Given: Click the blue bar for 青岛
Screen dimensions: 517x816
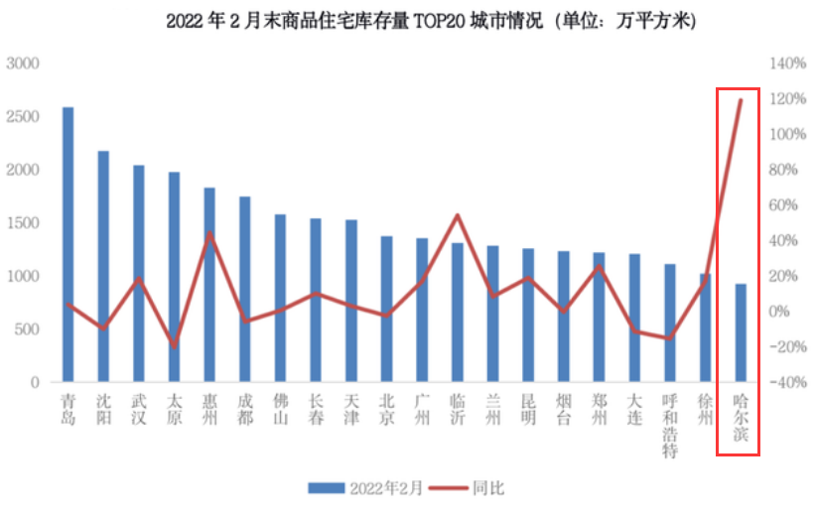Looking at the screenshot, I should tap(68, 244).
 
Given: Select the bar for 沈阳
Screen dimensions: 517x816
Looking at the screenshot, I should tap(103, 266).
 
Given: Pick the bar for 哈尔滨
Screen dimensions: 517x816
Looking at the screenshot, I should tap(741, 332).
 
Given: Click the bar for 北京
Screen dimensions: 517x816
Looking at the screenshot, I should tap(387, 309).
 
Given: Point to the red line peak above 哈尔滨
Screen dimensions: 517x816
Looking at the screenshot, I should tap(741, 100).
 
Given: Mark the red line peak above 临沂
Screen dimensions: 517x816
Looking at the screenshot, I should tap(458, 215).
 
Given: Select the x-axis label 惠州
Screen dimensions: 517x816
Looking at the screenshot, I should tap(209, 410).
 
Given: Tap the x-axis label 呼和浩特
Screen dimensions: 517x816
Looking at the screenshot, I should tap(670, 428).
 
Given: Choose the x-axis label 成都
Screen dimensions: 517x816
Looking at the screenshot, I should tap(245, 410).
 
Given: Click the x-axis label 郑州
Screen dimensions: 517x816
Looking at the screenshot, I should tap(599, 410).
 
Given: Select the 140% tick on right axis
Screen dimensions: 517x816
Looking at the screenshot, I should tap(788, 64).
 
